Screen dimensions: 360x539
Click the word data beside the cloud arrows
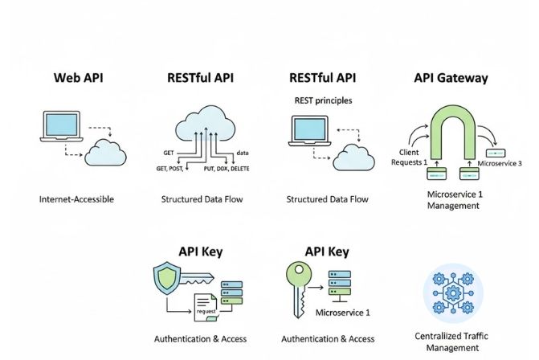(243, 153)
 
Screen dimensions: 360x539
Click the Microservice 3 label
(500, 163)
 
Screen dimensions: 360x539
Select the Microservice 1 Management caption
(451, 200)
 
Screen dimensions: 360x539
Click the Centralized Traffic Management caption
(455, 342)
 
